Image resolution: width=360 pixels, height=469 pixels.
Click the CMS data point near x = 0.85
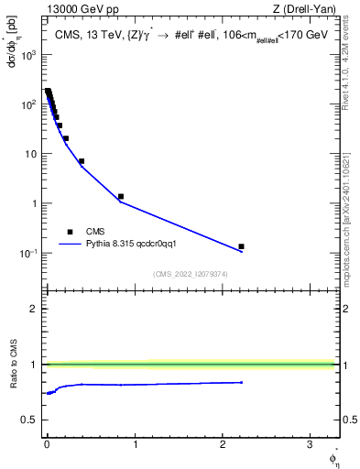pyautogui.click(x=121, y=196)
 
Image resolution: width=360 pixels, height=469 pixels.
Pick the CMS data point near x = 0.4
pyautogui.click(x=82, y=161)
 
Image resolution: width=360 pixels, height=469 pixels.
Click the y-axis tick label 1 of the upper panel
pyautogui.click(x=34, y=204)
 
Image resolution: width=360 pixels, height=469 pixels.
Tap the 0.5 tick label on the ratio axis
pyautogui.click(x=28, y=420)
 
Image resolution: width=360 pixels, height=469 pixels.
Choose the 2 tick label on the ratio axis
pyautogui.click(x=34, y=309)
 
